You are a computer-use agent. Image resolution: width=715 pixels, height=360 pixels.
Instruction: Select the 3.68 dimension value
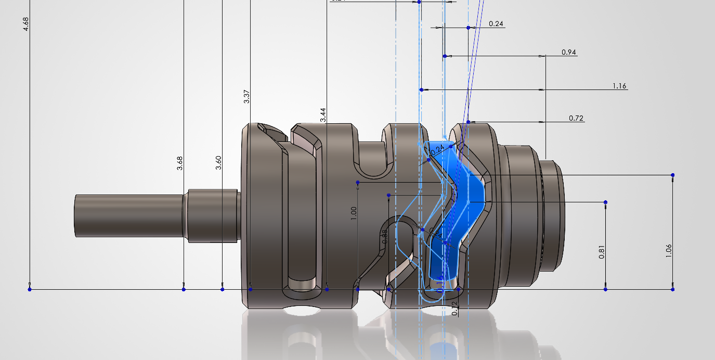tap(180, 163)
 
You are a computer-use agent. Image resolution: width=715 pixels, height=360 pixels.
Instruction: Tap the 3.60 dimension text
tap(218, 163)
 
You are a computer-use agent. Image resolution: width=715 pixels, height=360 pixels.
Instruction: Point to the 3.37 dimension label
tap(247, 97)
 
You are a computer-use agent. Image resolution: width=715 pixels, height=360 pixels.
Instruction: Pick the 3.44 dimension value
tap(323, 115)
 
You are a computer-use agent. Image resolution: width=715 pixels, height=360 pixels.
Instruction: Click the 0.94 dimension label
tap(569, 52)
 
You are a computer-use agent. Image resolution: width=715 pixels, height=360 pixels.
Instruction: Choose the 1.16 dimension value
tap(619, 86)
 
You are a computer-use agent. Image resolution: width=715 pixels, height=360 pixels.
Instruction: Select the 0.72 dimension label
tap(576, 118)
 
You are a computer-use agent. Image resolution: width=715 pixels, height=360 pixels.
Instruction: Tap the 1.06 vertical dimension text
tap(669, 251)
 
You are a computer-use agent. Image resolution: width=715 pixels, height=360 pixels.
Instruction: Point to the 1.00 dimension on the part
tap(354, 212)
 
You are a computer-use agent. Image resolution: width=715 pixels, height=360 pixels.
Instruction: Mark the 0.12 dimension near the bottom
tap(455, 308)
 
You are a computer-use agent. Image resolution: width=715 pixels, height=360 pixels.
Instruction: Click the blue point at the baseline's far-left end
tap(30, 289)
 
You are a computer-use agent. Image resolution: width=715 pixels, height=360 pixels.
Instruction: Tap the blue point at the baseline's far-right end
tap(673, 289)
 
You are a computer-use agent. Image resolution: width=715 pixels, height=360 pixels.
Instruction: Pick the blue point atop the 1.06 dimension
tap(673, 175)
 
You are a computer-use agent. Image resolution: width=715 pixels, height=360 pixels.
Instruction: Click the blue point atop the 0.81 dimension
tap(606, 202)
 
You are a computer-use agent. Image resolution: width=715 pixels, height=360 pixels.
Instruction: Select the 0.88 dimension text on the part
tap(385, 237)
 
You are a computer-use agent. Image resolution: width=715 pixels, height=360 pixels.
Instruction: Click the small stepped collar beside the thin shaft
tap(211, 215)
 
